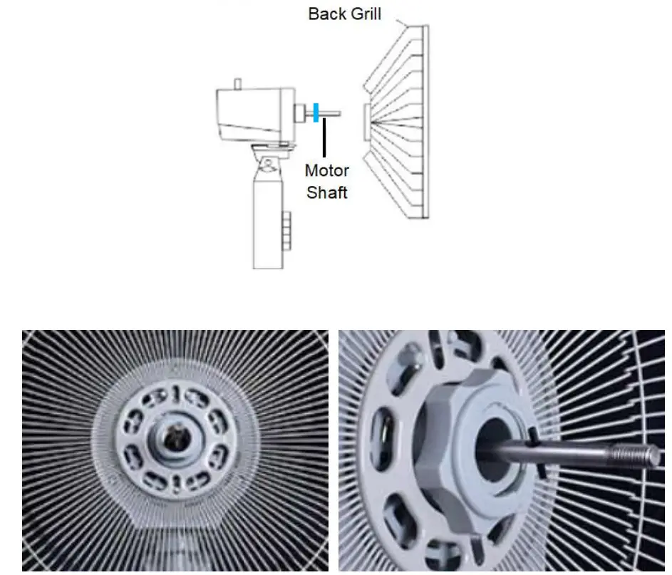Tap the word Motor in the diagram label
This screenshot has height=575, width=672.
(x=326, y=171)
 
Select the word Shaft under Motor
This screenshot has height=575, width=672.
(x=326, y=192)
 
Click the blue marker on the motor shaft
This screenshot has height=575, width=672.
(x=315, y=113)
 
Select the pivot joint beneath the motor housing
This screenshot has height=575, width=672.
(x=269, y=160)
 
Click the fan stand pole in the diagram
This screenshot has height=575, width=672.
(x=268, y=221)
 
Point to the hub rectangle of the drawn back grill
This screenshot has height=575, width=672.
(x=366, y=122)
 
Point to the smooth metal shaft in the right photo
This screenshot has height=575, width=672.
(x=556, y=452)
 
